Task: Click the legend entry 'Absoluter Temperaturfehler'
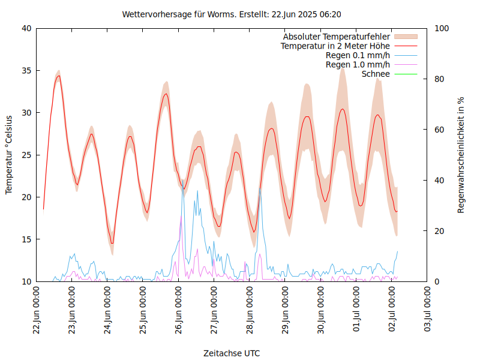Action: pyautogui.click(x=337, y=37)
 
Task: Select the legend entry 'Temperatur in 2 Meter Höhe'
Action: pyautogui.click(x=335, y=46)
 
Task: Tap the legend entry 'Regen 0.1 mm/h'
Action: pyautogui.click(x=358, y=55)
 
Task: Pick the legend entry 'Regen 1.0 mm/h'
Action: pyautogui.click(x=358, y=64)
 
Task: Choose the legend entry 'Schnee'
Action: pyautogui.click(x=376, y=74)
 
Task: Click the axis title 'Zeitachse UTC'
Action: pyautogui.click(x=232, y=353)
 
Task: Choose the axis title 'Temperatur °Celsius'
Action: pyautogui.click(x=9, y=155)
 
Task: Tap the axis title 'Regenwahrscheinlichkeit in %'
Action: pyautogui.click(x=461, y=155)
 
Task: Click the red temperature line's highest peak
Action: pyautogui.click(x=58, y=76)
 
